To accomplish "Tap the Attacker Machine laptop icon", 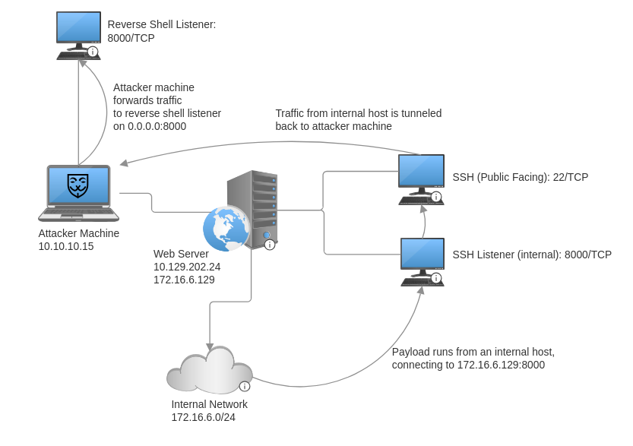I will tap(78, 192).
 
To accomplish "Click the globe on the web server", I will tap(226, 228).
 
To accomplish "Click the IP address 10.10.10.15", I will tap(66, 247).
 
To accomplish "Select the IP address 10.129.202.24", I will tap(187, 267).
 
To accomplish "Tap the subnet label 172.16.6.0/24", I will tap(203, 417).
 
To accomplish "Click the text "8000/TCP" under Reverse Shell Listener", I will tap(131, 38).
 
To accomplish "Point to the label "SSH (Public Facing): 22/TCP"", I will tap(520, 178).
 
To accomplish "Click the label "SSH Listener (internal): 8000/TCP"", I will tap(532, 255).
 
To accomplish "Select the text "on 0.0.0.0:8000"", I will tap(150, 126).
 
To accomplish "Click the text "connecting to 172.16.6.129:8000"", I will tap(468, 365).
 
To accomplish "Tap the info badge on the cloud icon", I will tap(245, 386).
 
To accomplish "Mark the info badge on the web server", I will tap(269, 245).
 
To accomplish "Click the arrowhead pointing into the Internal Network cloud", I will tap(210, 346).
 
